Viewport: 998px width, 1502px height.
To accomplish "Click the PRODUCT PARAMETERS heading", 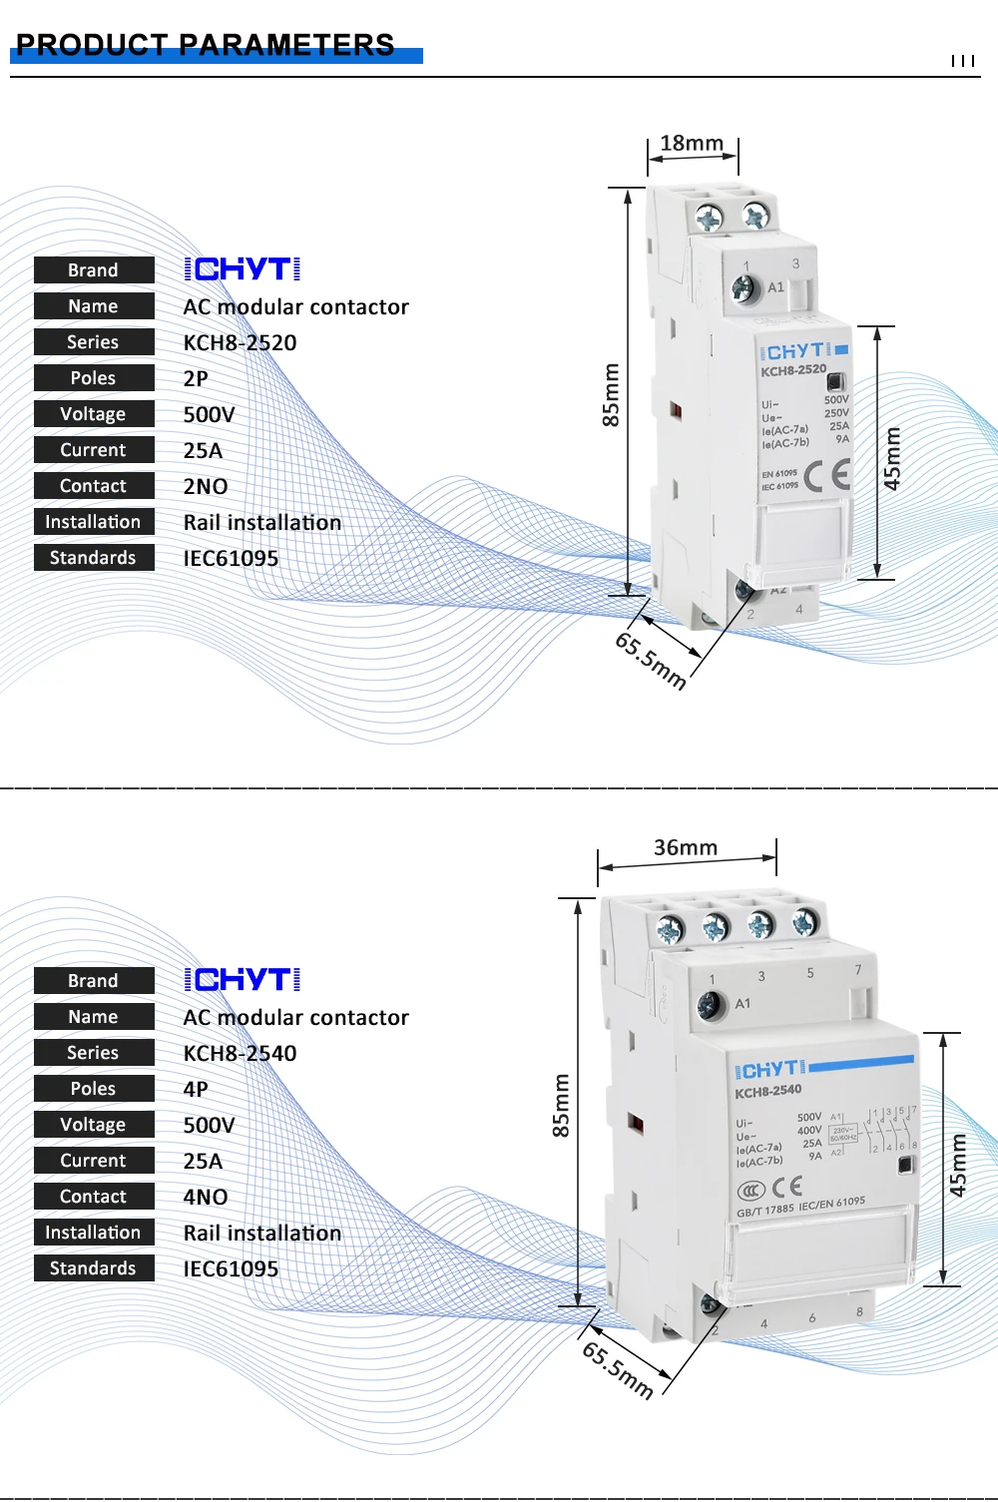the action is [206, 45].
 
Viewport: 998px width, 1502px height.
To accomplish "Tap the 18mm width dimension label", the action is [692, 144].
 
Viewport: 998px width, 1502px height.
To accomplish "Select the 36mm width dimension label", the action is [686, 848].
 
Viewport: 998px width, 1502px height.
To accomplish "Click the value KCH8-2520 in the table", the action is [240, 343].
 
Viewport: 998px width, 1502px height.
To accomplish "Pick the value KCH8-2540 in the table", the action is [240, 1054].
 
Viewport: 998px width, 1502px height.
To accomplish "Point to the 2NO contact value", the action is [206, 487].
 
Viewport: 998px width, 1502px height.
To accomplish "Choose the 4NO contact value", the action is [206, 1198].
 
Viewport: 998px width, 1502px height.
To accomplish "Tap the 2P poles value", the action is [196, 379].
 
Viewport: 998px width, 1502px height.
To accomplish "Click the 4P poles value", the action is [196, 1090].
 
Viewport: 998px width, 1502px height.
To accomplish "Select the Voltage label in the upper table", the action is [93, 414].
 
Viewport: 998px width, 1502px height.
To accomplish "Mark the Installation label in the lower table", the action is [93, 1233].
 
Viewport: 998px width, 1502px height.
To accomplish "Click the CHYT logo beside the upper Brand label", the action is [243, 269].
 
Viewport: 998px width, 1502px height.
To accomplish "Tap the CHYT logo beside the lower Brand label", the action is [243, 980].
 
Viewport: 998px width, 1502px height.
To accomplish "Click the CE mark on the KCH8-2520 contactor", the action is [828, 475].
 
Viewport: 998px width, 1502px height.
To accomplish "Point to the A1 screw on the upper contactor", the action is [743, 288].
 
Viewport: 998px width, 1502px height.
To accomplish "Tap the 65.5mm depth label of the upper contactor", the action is [651, 660].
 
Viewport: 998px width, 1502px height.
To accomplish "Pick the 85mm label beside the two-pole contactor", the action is [611, 395].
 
